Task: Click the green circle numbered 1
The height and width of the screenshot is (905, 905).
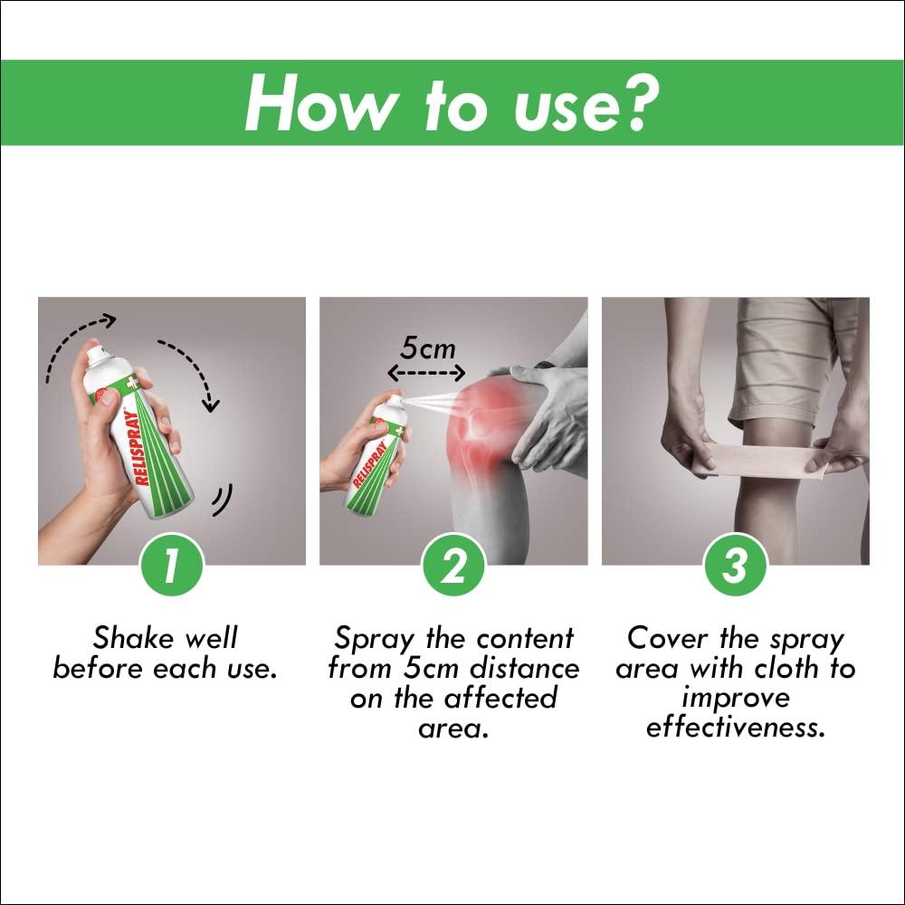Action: [x=172, y=567]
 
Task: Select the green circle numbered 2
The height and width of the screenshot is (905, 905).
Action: [x=453, y=567]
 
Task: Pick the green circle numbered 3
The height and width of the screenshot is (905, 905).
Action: [x=736, y=567]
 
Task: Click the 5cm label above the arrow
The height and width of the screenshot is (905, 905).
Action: [x=427, y=348]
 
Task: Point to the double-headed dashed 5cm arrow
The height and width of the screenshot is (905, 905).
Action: [x=427, y=372]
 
